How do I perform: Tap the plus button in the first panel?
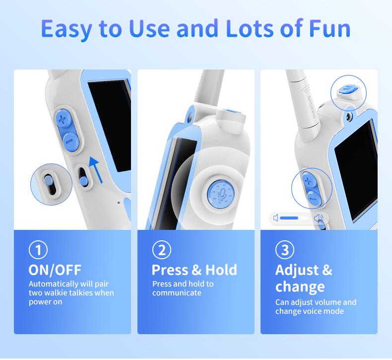[x=63, y=119]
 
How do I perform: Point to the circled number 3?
[x=284, y=250]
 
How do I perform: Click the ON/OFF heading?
[x=55, y=270]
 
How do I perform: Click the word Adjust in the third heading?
[x=297, y=270]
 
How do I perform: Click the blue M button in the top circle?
[x=348, y=89]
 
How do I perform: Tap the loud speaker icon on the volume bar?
[x=319, y=218]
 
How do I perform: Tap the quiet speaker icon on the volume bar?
[x=276, y=218]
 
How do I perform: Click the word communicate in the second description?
[x=177, y=293]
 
